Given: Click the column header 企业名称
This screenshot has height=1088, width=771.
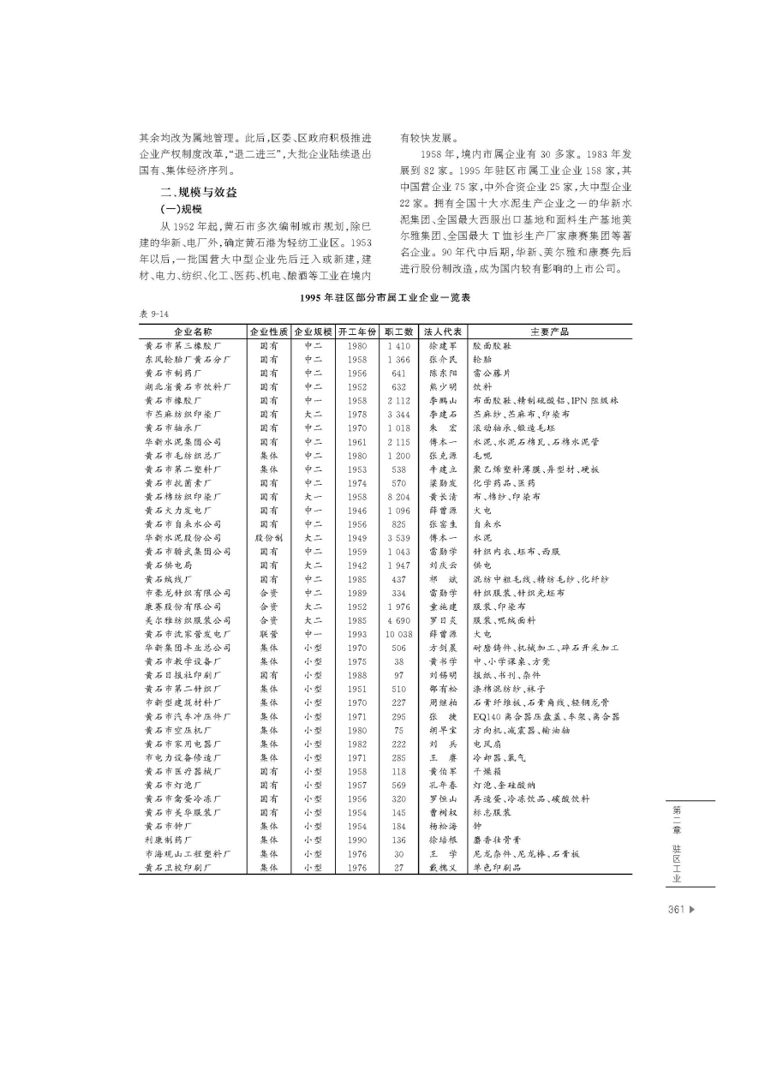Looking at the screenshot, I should tap(193, 332).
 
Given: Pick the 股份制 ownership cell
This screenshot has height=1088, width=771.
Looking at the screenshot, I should tap(268, 538).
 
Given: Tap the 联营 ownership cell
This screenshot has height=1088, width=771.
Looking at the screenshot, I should tap(268, 634).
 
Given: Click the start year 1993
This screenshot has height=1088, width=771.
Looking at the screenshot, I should tap(356, 634).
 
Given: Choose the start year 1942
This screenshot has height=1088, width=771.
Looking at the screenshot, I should tap(356, 565).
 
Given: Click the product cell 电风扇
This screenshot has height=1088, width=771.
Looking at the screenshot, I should tap(489, 744).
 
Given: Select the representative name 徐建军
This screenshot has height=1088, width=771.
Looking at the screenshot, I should tap(443, 345).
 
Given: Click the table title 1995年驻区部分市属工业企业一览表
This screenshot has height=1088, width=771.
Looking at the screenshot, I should tap(385, 299).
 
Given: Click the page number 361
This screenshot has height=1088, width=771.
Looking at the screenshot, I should tap(676, 910).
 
